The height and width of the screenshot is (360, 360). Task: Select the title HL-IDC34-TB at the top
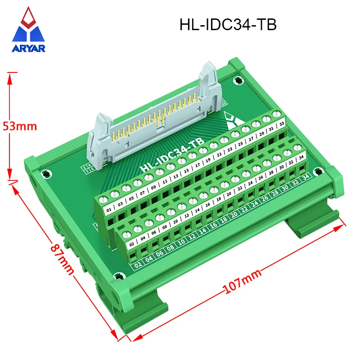point(228,24)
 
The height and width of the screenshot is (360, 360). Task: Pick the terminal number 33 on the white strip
point(282,124)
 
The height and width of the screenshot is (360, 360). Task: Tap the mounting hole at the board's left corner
point(45,173)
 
